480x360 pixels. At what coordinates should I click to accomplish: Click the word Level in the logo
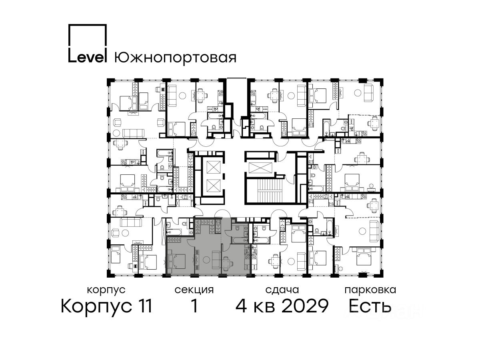[x=87, y=57]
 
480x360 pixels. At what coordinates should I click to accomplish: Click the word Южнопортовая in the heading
[x=175, y=58]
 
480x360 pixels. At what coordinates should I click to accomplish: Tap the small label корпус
[x=106, y=290]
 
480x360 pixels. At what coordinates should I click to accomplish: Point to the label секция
[x=194, y=290]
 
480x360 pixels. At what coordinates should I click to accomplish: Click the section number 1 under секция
[x=194, y=306]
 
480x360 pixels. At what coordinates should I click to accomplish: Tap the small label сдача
[x=282, y=290]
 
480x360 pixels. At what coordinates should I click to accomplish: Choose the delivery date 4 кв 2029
[x=282, y=306]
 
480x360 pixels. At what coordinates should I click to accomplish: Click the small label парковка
[x=370, y=290]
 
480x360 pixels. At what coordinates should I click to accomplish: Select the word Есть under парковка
[x=370, y=306]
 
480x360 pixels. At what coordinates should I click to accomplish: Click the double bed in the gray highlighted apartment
[x=177, y=261]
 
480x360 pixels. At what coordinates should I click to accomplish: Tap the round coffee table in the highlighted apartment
[x=206, y=260]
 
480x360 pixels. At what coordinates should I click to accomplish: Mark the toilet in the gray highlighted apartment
[x=237, y=228]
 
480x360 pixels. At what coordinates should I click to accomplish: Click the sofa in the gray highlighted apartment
[x=217, y=260]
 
